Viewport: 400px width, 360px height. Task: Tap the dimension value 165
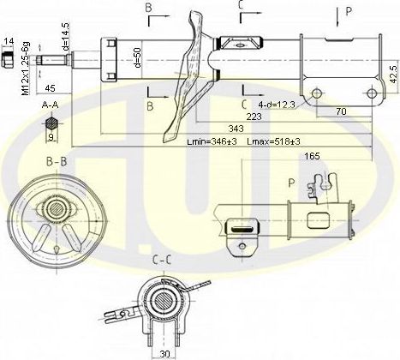tap(312, 157)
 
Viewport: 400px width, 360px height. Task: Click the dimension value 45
tap(51, 87)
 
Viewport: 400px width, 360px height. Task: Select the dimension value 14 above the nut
tap(9, 41)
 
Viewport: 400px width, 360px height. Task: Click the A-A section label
tap(51, 104)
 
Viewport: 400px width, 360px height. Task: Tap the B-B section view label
tap(58, 160)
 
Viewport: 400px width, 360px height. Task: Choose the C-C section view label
tap(161, 257)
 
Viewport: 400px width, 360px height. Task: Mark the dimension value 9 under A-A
tap(51, 135)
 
